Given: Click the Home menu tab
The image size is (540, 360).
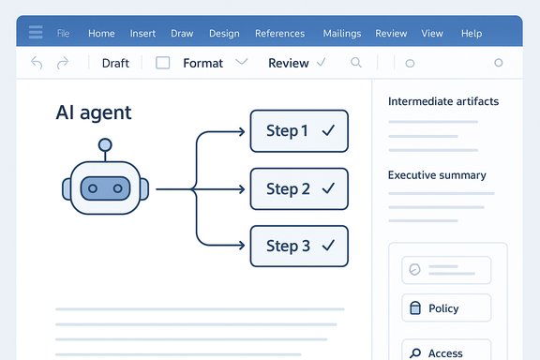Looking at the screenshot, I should point(101,34).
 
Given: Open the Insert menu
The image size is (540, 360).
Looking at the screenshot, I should point(142,34).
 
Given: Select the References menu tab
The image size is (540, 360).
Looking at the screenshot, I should point(279,34).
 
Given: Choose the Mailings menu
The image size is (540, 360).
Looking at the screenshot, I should point(341,34).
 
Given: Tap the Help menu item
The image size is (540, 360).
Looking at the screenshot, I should point(472,34).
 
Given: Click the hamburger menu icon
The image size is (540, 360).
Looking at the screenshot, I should point(36,33).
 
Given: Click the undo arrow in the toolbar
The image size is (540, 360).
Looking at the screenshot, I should point(37,63).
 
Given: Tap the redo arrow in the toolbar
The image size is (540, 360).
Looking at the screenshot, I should point(63,63).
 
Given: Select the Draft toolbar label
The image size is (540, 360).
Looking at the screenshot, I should point(115,63).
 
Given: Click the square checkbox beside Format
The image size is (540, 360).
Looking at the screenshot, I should point(162,63).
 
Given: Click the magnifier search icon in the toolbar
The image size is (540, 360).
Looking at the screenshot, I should point(355,63).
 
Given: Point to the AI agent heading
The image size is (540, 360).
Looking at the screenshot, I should point(94,113).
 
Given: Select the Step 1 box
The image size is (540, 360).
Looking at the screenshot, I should point(299,131).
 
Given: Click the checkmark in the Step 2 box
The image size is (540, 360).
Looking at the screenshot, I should point(327,188).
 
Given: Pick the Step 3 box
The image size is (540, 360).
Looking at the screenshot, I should point(299,246).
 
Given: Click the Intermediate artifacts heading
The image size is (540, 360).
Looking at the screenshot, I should point(443,101).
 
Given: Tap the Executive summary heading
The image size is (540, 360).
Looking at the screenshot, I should point(437,175).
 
